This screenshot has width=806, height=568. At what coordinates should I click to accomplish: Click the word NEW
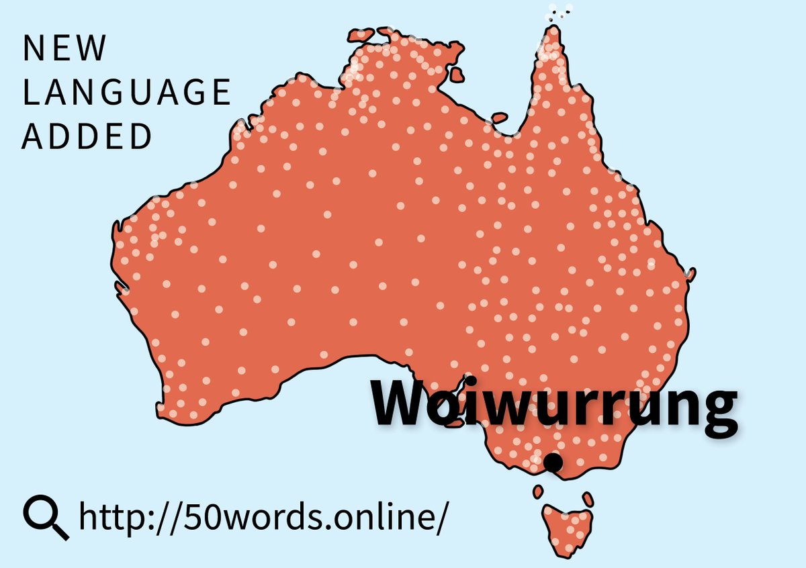[x=64, y=48]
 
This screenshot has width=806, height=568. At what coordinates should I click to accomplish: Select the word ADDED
[x=87, y=136]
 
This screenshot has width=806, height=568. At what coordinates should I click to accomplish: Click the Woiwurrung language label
[x=555, y=406]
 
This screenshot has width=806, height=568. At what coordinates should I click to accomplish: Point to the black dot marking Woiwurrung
[x=553, y=463]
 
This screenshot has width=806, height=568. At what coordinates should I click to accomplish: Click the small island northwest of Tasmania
[x=538, y=492]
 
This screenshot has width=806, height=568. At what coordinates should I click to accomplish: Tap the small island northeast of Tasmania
[x=588, y=499]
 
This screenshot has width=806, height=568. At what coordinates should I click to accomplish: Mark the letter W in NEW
[x=92, y=48]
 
